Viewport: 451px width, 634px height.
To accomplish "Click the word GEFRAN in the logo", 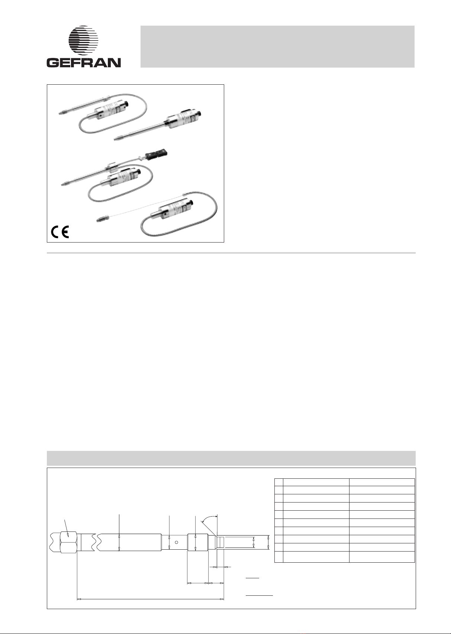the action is tap(84, 62).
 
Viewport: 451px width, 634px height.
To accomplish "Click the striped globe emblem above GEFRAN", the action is tap(83, 40).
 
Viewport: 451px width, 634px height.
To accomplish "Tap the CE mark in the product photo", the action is tap(60, 232).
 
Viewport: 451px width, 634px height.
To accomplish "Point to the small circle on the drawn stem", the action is tap(176, 542).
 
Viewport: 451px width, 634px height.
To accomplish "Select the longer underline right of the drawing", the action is tap(259, 595).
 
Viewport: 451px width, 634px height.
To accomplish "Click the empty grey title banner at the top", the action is tap(277, 46).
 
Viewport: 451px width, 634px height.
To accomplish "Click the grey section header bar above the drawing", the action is tap(231, 458).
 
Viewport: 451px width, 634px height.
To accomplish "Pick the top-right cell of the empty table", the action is tap(382, 482).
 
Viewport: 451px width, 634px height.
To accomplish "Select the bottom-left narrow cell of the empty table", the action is tap(279, 556).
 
